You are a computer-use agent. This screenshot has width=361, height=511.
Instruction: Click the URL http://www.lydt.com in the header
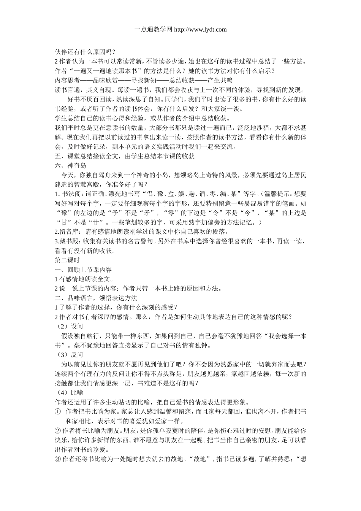pyautogui.click(x=200, y=29)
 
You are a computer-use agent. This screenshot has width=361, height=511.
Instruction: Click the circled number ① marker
pyautogui.click(x=58, y=412)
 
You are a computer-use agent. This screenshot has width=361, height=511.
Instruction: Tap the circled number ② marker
pyautogui.click(x=58, y=431)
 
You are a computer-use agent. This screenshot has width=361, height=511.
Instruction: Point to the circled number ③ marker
pyautogui.click(x=58, y=459)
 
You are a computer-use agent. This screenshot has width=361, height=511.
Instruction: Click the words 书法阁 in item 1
pyautogui.click(x=70, y=194)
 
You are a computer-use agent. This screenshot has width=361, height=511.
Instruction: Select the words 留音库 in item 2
pyautogui.click(x=71, y=232)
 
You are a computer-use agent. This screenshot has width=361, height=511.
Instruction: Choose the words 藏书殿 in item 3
pyautogui.click(x=71, y=241)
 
